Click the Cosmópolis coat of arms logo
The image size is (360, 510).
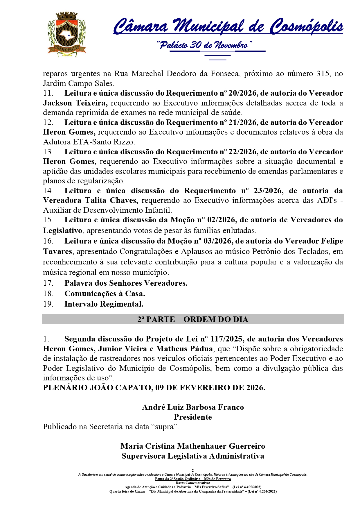(66, 34)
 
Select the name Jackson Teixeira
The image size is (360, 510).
(75, 103)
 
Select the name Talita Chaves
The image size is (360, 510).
(111, 200)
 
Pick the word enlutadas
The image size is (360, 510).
(239, 230)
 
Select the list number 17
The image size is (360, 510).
(48, 283)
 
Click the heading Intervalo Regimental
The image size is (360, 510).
(104, 304)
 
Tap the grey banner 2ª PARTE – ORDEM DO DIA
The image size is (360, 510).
(193, 319)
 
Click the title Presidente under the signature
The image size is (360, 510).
(193, 417)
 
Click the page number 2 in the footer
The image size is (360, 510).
(193, 470)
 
